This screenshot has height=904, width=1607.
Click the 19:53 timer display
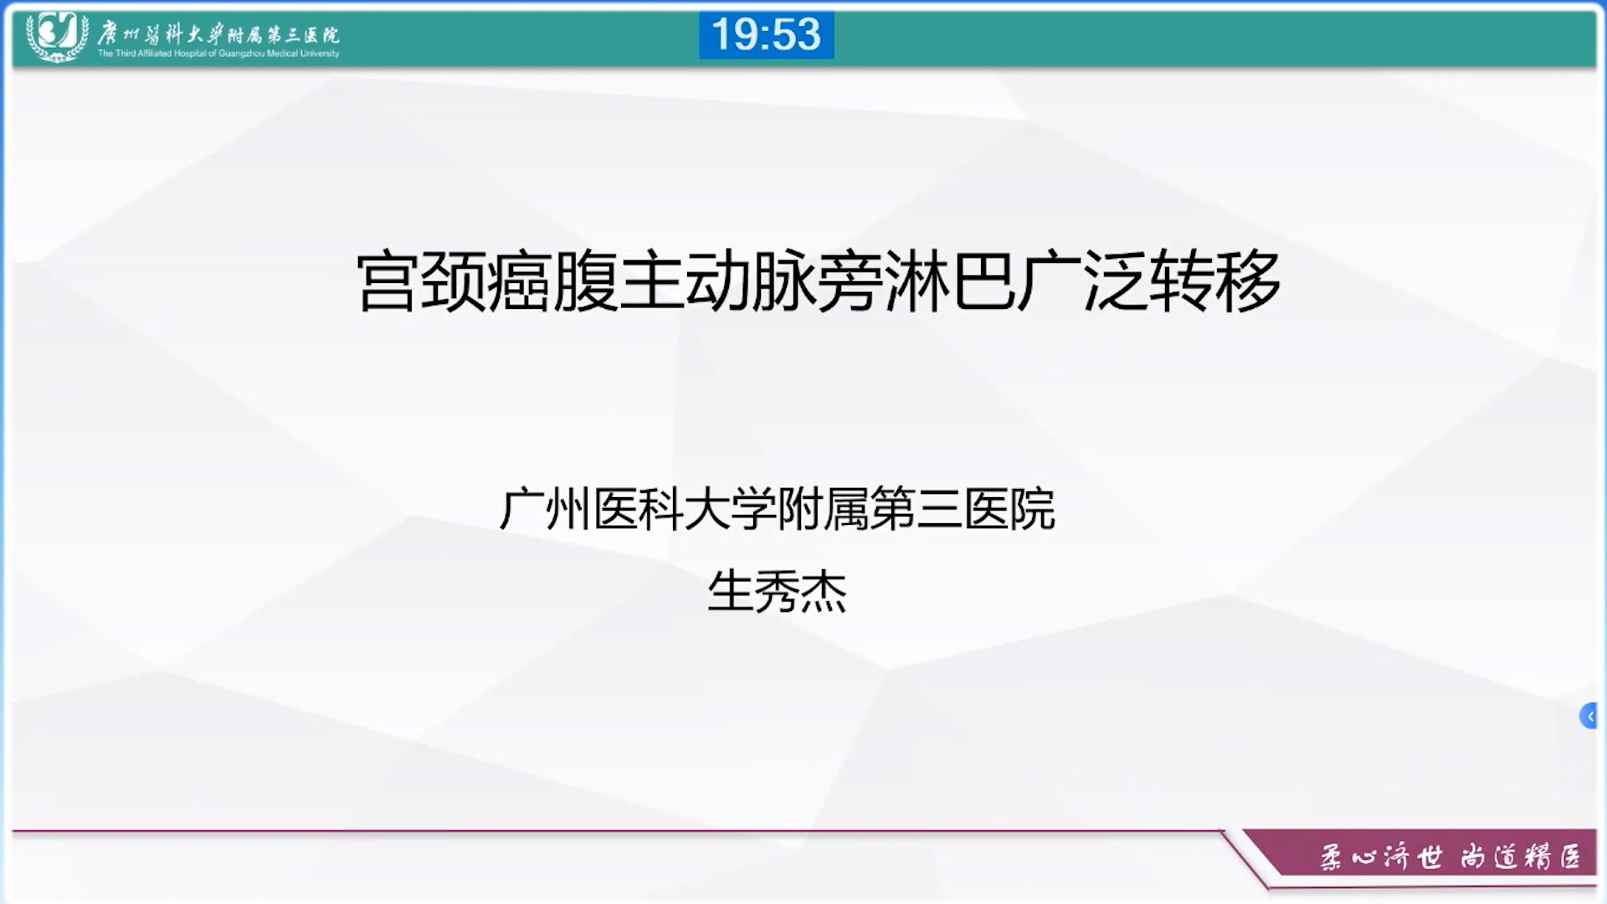766,35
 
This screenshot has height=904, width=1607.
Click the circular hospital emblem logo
57,35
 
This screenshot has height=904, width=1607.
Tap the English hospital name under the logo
218,54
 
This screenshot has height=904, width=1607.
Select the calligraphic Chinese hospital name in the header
218,33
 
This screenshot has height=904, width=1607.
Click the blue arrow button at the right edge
1589,716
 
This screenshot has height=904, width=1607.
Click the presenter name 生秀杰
777,592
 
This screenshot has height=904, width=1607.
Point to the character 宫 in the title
388,281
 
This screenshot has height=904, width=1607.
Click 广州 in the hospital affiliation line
545,509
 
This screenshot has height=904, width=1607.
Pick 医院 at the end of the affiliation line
1009,509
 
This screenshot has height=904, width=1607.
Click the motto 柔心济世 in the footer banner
1382,857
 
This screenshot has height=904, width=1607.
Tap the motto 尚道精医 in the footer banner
1521,857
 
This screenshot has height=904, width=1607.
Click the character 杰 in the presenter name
824,592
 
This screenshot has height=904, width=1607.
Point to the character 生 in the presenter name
731,592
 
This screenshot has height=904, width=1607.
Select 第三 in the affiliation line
916,509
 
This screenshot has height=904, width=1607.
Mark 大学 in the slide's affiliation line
731,509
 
